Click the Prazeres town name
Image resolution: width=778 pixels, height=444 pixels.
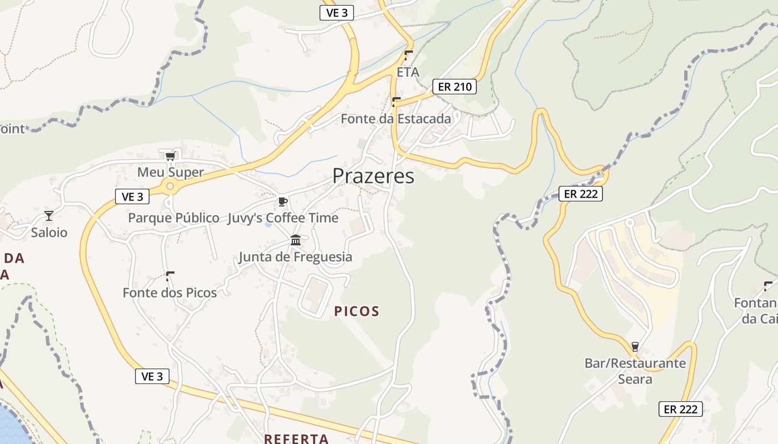pos(373,176)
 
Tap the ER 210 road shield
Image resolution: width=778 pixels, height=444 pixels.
pos(455,87)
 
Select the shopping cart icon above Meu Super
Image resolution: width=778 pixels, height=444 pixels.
pos(170,155)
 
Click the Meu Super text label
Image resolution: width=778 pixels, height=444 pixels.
pos(171,172)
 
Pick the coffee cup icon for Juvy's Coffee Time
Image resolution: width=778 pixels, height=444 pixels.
pos(282,201)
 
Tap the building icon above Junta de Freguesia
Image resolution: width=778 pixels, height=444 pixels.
pos(296,240)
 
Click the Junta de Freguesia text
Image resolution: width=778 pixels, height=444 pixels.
pos(295,257)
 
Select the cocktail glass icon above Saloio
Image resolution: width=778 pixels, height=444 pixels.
pos(49,215)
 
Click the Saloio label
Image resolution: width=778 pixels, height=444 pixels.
pos(49,233)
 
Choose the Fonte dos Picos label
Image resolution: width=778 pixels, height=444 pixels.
pos(169,292)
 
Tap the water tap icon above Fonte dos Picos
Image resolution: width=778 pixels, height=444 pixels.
pos(170,275)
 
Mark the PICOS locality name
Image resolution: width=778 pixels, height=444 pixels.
pos(357,311)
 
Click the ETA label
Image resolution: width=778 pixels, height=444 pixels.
pos(408,72)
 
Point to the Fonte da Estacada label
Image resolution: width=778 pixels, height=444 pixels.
pos(396,118)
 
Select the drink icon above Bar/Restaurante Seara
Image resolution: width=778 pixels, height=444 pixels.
pos(635,347)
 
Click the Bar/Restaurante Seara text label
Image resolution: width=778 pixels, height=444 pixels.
pos(635,371)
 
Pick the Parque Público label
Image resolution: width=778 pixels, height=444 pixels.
pos(173,218)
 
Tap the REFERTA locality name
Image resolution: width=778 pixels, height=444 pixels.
pos(296,438)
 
